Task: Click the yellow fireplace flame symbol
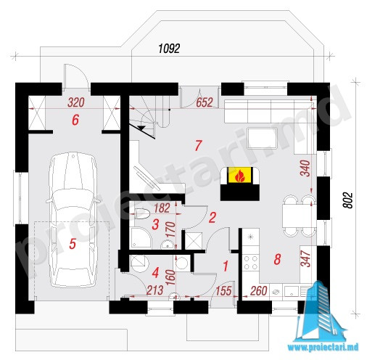click(x=240, y=175)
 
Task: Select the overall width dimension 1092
click(x=169, y=49)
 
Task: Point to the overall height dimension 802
click(x=348, y=200)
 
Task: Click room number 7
click(x=198, y=146)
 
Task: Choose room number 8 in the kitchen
click(x=277, y=259)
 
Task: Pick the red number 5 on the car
click(x=73, y=244)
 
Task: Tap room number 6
click(x=75, y=120)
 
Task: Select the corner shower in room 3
click(x=141, y=237)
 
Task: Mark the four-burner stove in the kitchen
click(x=250, y=263)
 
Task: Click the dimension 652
click(x=205, y=102)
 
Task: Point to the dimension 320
click(x=76, y=102)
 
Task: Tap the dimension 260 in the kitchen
click(x=259, y=291)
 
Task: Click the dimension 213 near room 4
click(x=155, y=290)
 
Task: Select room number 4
click(x=155, y=273)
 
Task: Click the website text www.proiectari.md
click(x=323, y=347)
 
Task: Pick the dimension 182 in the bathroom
click(x=162, y=208)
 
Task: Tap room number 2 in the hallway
click(x=212, y=218)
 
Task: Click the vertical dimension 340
click(x=305, y=168)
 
